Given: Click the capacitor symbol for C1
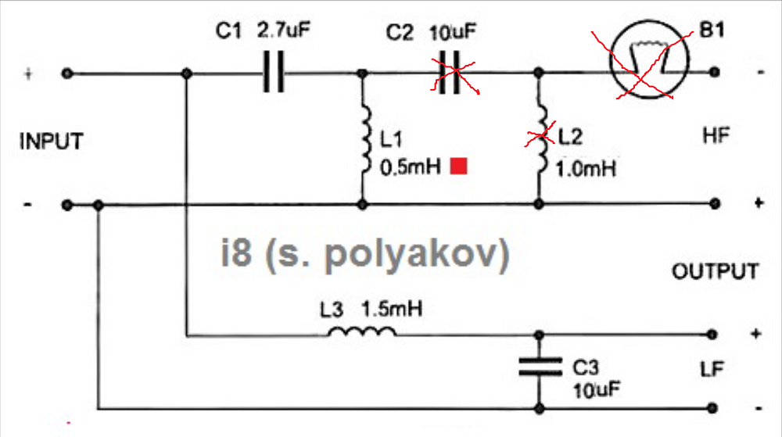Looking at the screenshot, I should coord(273,73).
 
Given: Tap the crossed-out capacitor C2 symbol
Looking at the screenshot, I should coord(449,73).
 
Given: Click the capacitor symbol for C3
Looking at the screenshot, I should coord(540,367).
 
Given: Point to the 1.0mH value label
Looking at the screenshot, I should coord(585,168).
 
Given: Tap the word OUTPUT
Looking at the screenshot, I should coord(715,271).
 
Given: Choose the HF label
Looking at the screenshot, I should coord(716,136).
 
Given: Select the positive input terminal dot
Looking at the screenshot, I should coord(68,73).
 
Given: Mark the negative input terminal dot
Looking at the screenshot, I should coord(68,206).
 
